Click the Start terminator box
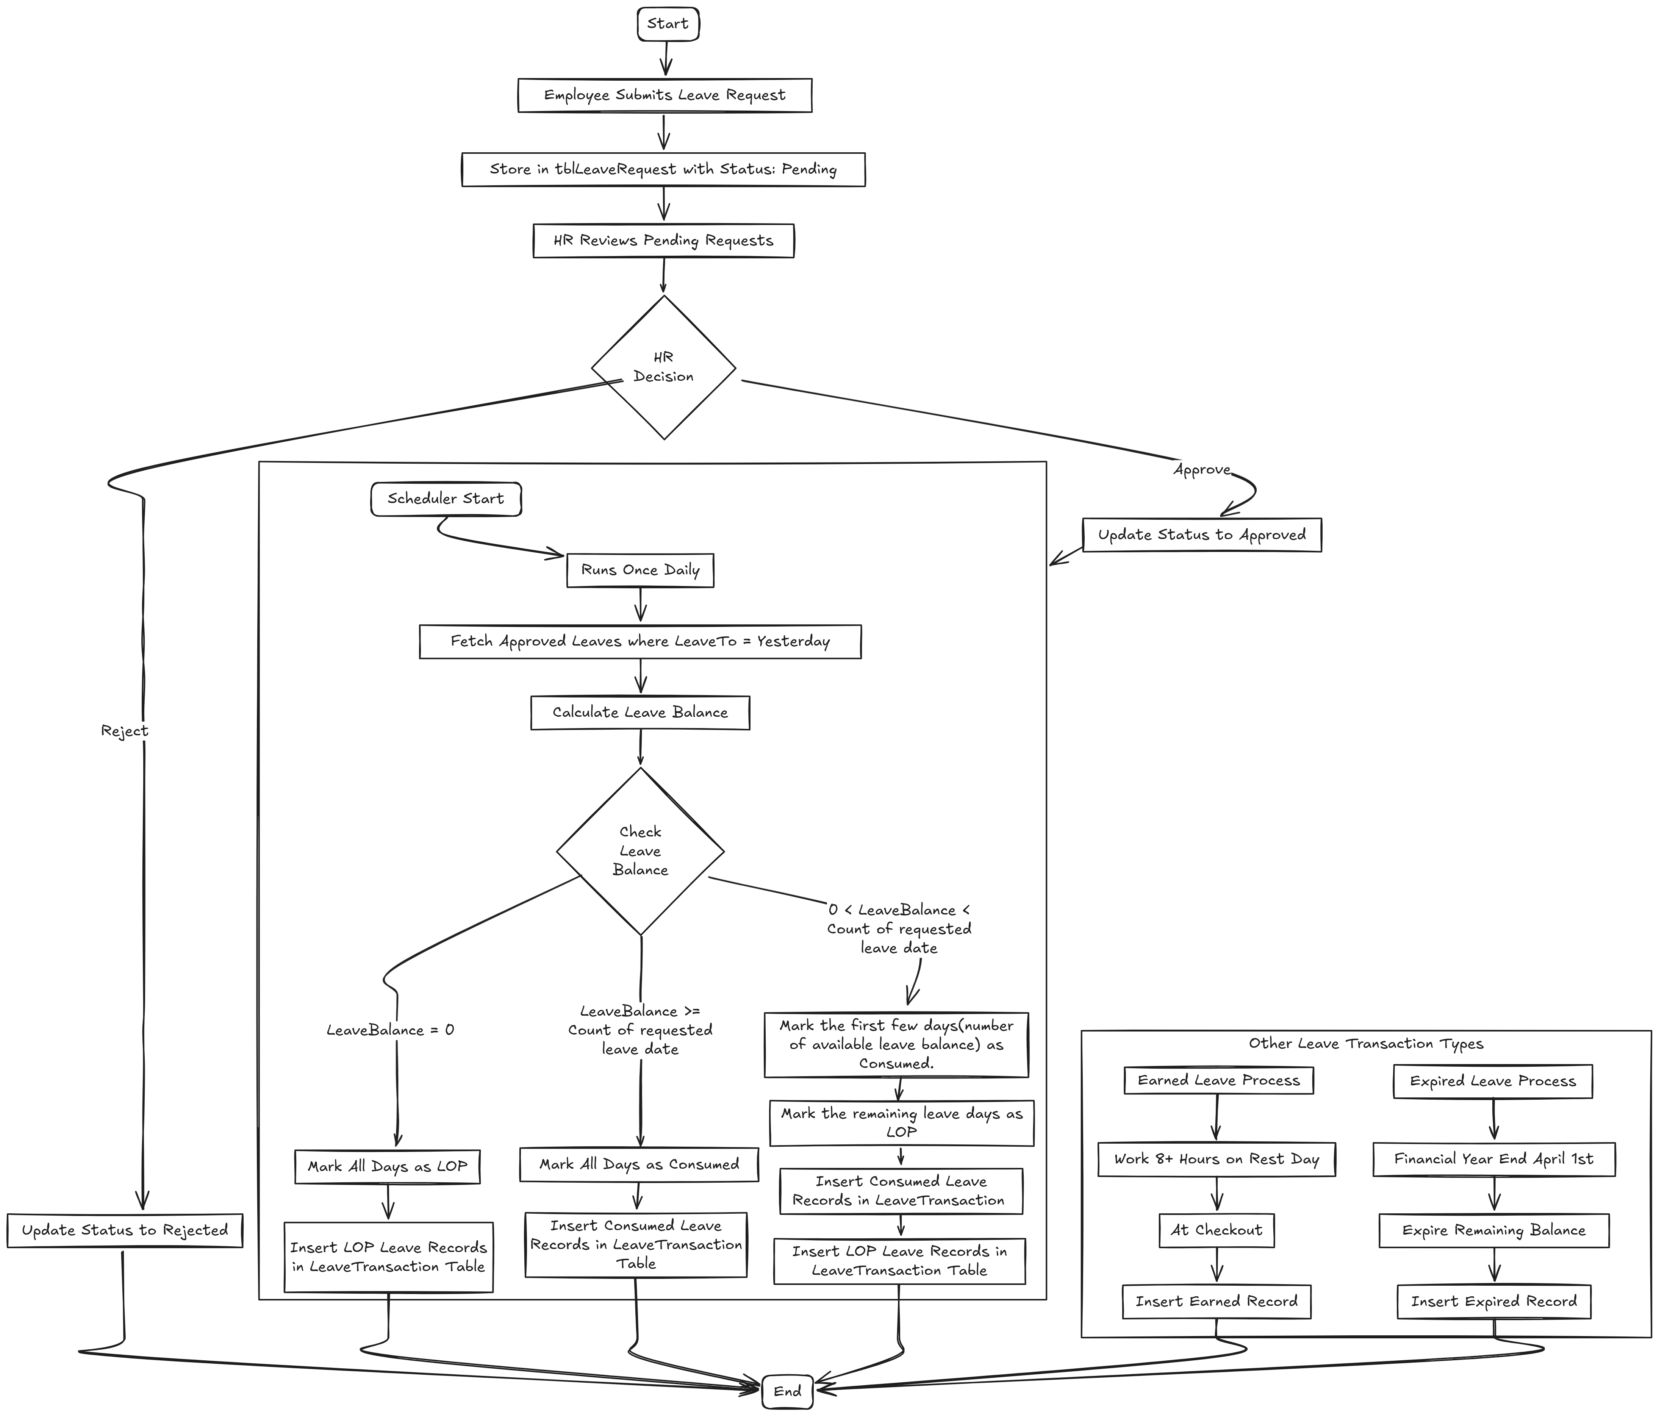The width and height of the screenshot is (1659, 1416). click(668, 24)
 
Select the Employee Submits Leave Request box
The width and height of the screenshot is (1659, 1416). click(665, 95)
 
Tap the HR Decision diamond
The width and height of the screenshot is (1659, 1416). click(664, 367)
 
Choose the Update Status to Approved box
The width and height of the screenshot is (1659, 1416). click(1201, 535)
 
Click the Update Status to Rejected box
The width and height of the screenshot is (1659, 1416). click(125, 1230)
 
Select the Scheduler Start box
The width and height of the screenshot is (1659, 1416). click(446, 499)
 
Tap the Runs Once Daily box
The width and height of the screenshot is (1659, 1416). click(640, 570)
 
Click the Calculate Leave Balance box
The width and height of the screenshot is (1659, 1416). click(640, 713)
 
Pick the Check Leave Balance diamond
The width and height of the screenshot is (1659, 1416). click(640, 851)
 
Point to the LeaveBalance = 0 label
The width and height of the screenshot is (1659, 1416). click(390, 1030)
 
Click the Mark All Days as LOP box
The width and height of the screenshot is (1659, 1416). click(388, 1166)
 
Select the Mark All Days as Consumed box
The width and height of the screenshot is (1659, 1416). click(638, 1164)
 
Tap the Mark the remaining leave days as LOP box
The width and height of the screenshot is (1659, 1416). click(902, 1123)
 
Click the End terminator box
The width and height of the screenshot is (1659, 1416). click(787, 1391)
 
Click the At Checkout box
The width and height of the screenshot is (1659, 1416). click(1216, 1230)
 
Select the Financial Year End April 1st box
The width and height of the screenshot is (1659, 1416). click(1493, 1159)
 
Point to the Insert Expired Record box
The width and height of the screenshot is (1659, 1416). click(1493, 1302)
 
